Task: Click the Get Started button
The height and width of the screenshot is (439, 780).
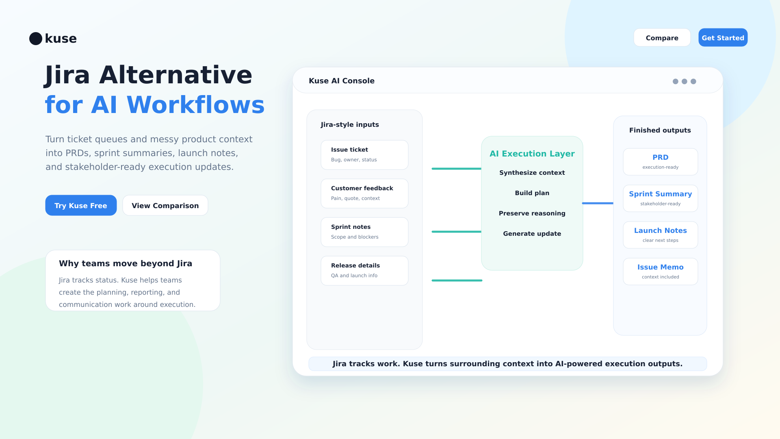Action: pos(723,37)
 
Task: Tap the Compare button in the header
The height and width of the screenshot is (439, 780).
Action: pos(662,37)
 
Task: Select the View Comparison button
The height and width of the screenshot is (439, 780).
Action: pos(165,205)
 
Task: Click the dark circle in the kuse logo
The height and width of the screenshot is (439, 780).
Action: pos(36,39)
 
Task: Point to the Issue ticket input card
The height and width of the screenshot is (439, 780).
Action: pos(364,155)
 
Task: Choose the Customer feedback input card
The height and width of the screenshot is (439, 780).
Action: pos(364,193)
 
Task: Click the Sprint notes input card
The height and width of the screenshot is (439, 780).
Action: pos(364,232)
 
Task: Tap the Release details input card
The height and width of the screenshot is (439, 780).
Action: pos(364,271)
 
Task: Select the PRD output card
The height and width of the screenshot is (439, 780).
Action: pos(661,162)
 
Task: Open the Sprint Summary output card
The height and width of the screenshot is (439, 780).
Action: pos(661,198)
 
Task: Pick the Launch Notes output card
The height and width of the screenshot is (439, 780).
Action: pos(661,235)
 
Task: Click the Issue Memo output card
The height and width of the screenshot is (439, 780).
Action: pos(661,272)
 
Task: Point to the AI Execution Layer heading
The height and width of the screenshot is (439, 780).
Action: pos(532,154)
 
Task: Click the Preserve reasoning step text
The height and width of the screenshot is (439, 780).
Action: pos(532,213)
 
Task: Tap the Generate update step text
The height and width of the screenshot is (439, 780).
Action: pos(532,234)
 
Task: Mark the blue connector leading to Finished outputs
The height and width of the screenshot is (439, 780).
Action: pos(598,203)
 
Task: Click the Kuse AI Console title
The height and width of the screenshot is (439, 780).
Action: pos(342,81)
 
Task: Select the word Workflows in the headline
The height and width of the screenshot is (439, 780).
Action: pos(196,104)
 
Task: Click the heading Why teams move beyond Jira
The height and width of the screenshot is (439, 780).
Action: pos(126,263)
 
